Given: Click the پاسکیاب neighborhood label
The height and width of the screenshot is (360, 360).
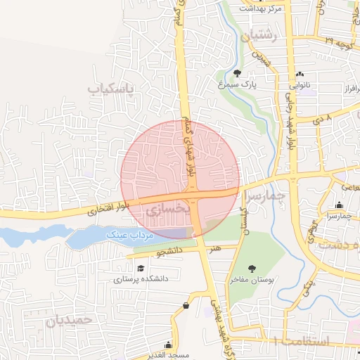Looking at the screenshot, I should [110, 89].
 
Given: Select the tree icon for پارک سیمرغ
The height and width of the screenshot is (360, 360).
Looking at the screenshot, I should [237, 73].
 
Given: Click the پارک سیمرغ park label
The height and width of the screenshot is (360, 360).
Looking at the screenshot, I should [257, 84].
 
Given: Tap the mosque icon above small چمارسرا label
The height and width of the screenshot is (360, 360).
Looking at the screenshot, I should [340, 205].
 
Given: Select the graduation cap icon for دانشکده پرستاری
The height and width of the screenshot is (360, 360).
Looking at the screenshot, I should [141, 268].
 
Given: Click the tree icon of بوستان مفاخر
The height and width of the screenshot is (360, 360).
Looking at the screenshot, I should [252, 268].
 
